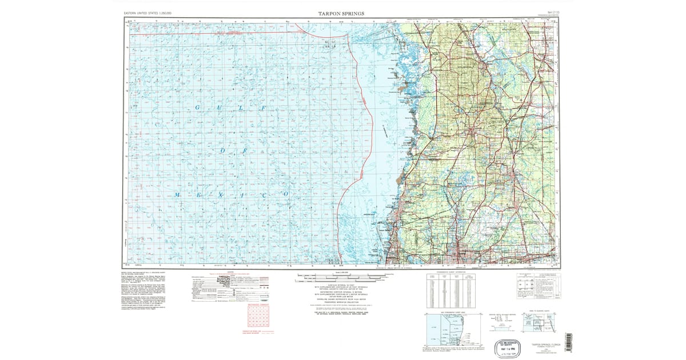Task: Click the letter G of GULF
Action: point(198,109)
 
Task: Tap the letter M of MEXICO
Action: point(178,195)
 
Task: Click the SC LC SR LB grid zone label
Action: point(329,43)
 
